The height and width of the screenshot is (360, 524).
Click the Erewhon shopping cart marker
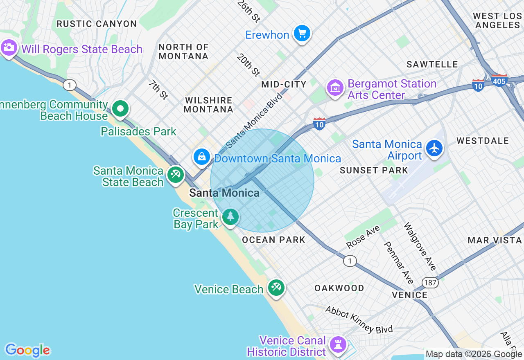302,33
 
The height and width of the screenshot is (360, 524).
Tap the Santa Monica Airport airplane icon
434,148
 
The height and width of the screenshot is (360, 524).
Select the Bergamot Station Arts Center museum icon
335,88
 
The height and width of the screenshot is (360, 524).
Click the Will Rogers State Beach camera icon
8,48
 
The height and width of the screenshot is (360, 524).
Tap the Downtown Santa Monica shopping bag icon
202,156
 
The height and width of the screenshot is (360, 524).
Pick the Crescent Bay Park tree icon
230,216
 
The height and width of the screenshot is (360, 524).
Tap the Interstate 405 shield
499,80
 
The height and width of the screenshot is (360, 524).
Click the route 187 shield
431,283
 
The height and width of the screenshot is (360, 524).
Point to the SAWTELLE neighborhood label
432,64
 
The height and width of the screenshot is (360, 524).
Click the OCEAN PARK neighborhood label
273,240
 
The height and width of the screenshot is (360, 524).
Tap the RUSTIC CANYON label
97,24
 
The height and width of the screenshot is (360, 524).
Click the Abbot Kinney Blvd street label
359,319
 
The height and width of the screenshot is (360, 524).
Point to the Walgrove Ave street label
420,246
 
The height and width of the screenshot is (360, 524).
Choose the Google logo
27,350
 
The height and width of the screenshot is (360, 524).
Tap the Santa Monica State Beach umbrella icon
175,175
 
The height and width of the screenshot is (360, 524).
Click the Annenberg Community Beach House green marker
120,109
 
